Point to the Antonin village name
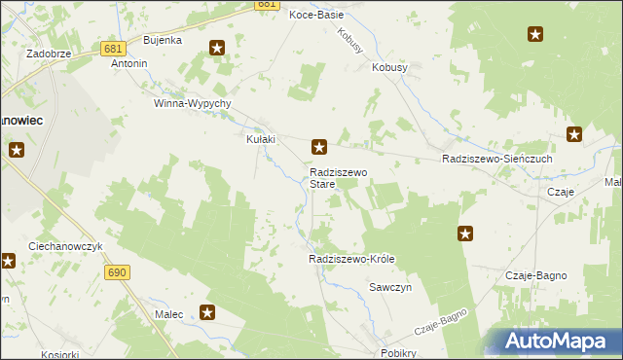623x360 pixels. coord(129,64)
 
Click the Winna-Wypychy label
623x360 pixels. coord(192,103)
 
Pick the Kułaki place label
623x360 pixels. coord(260,139)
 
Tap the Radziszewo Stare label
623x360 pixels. coord(336,177)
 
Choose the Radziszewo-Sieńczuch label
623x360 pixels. coord(496,159)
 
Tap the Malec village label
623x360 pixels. coord(169,314)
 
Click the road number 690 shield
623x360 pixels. coord(118,273)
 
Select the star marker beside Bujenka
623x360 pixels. coord(217,47)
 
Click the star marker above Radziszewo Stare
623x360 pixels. coord(318,147)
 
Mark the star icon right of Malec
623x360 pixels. coord(207,312)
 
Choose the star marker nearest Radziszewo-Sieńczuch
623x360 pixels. coord(574,135)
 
